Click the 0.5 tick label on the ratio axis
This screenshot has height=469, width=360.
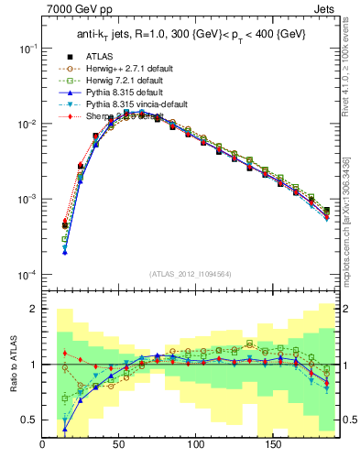(29, 420)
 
